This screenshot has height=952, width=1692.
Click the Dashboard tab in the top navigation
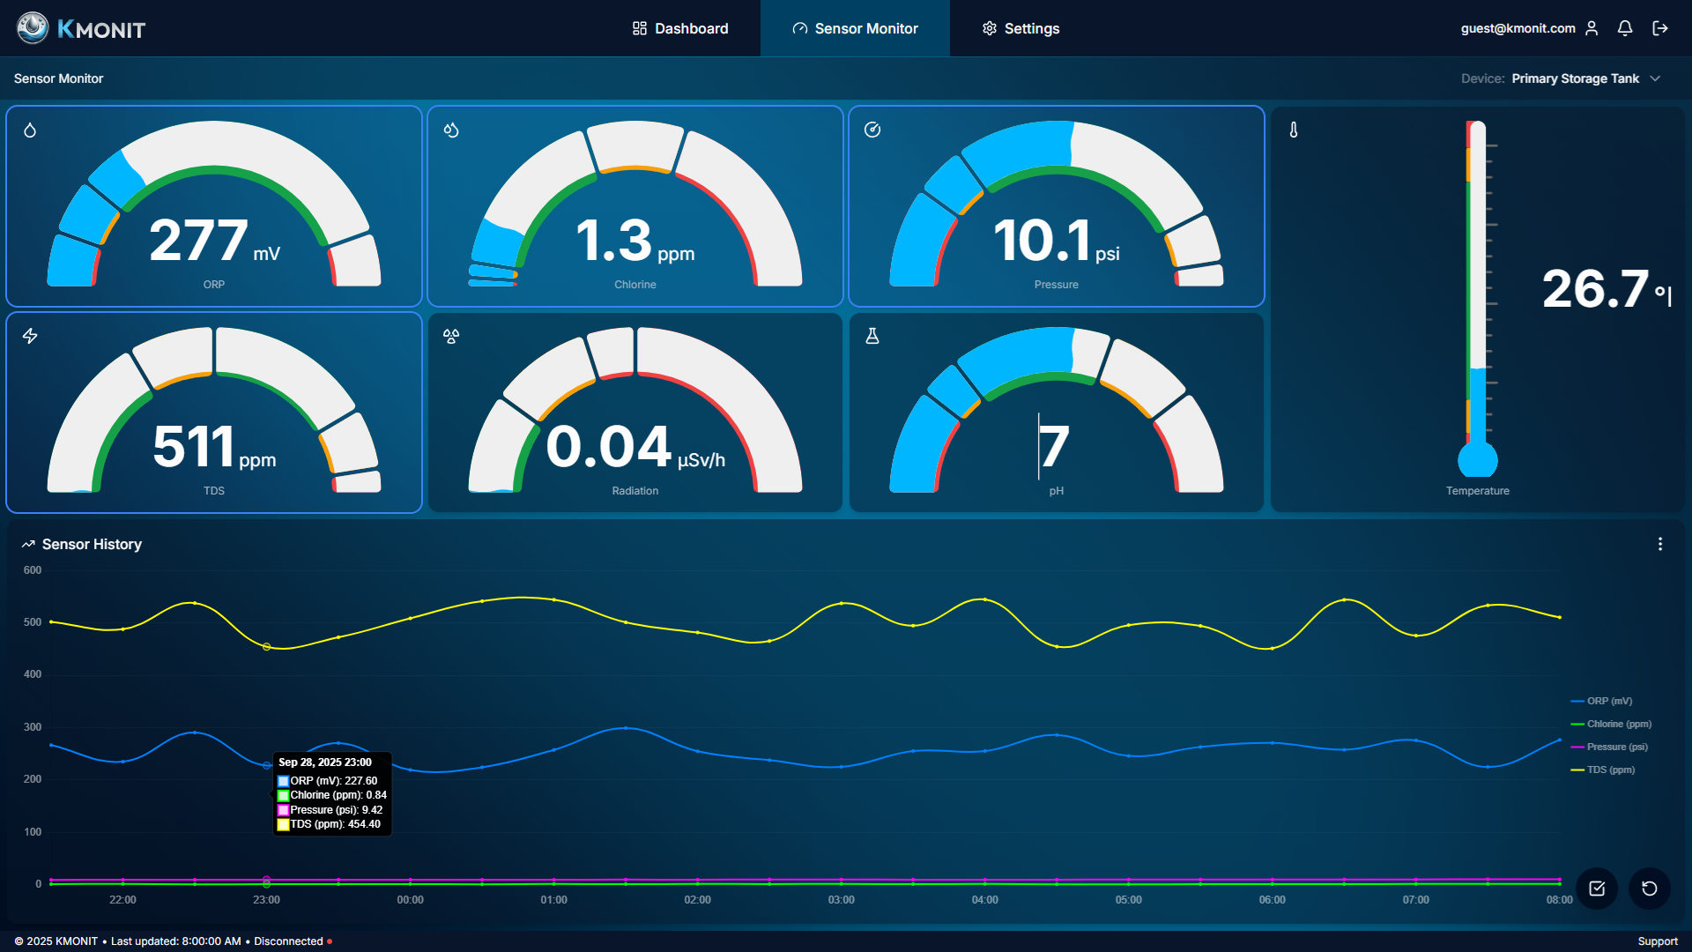(x=680, y=28)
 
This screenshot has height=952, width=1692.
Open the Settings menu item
(x=1020, y=28)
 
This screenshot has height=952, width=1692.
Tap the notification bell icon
(x=1625, y=28)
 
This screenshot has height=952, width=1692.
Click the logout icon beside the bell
(x=1660, y=28)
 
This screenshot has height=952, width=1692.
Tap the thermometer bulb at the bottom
(x=1478, y=459)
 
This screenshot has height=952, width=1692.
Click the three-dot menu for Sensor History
(x=1660, y=544)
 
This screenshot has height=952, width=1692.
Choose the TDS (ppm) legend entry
(x=1610, y=770)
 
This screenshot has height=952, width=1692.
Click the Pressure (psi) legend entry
(x=1616, y=747)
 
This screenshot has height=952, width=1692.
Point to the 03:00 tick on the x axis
(x=841, y=900)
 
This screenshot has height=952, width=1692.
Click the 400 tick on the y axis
(x=33, y=674)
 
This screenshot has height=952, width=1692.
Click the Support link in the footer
(x=1658, y=941)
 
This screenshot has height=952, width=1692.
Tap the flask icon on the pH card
(x=872, y=336)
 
